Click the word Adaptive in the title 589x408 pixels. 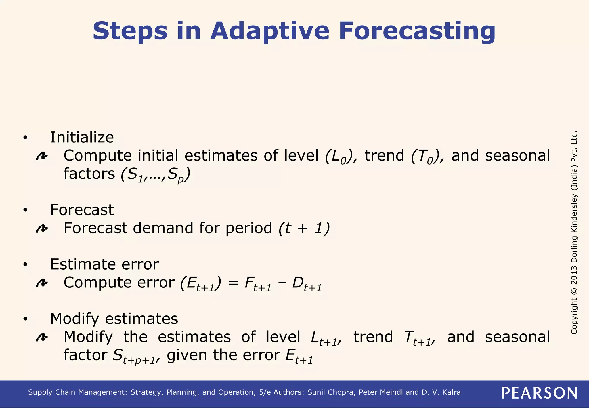(x=269, y=31)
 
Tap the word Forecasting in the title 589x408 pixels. (x=417, y=31)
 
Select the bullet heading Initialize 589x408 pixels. (x=82, y=137)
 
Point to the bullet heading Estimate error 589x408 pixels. (x=104, y=264)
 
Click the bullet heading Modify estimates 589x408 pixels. (x=114, y=319)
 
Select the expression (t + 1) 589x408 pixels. (x=304, y=228)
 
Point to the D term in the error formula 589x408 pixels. (x=307, y=284)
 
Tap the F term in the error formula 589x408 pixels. (x=258, y=284)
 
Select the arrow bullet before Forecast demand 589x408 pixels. (x=42, y=229)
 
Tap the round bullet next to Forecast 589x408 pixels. (x=25, y=210)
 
